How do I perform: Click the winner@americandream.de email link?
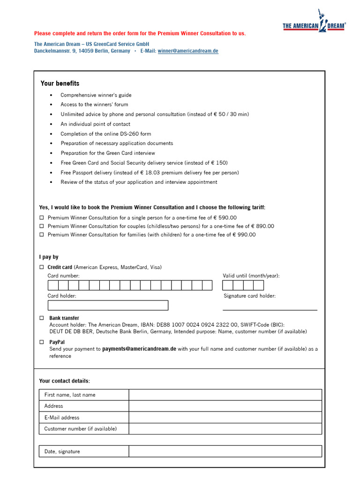(188, 51)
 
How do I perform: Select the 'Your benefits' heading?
(60, 83)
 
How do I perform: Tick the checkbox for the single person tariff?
(41, 217)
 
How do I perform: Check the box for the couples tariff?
(41, 226)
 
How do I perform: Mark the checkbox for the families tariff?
(41, 235)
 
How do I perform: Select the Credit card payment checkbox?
(41, 267)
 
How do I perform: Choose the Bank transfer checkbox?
(41, 318)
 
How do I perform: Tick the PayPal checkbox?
(41, 342)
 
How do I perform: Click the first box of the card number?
(53, 285)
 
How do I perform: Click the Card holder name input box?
(108, 305)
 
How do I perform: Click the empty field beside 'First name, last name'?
(225, 395)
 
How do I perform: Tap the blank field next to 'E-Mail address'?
(225, 417)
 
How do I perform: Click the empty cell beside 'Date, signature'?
(225, 451)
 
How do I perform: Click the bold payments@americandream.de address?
(139, 349)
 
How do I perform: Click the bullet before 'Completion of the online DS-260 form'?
(51, 134)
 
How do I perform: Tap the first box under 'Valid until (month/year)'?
(228, 285)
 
